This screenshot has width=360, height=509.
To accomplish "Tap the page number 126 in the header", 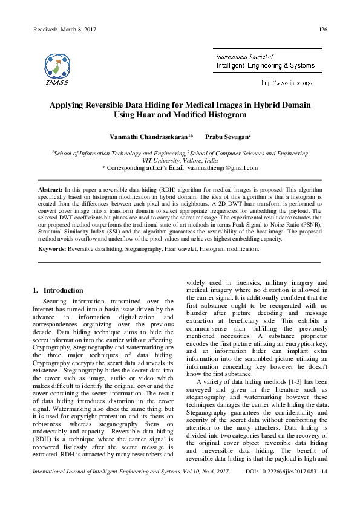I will [x=323, y=30].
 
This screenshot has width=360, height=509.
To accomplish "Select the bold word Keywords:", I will [x=52, y=248].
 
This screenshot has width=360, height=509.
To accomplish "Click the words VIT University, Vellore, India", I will [x=180, y=161].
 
